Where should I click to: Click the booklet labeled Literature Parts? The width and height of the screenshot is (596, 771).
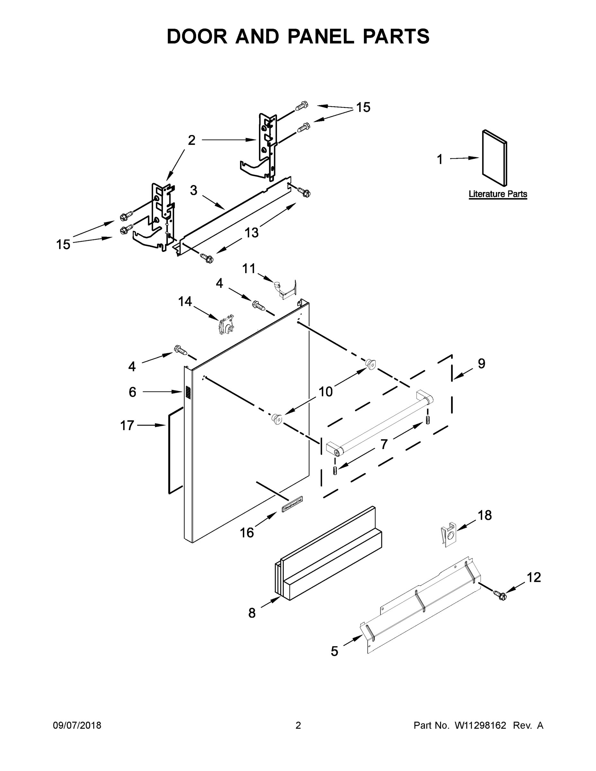coord(495,158)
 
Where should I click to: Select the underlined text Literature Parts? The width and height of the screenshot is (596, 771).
coord(497,194)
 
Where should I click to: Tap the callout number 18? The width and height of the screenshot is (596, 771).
coord(485,515)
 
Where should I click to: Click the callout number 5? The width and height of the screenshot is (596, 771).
coord(334,651)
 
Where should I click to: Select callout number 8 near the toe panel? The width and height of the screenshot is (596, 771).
coord(252,613)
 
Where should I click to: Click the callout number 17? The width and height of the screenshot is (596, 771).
coord(127,425)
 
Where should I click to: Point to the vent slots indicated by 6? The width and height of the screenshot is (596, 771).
coord(188,393)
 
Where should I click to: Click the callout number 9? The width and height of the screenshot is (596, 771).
coord(482,364)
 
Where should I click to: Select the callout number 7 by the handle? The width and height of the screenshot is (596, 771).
coord(384,444)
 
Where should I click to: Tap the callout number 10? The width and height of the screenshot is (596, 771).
coord(325,392)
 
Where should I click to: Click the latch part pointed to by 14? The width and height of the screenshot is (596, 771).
coord(226,325)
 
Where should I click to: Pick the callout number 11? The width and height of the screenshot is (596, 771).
coord(249,269)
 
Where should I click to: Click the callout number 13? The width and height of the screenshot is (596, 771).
coord(251,233)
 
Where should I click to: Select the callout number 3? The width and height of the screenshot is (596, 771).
coord(193,190)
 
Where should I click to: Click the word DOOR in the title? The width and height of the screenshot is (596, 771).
coord(197,36)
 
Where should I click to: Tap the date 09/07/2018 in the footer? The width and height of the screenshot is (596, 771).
coord(77,725)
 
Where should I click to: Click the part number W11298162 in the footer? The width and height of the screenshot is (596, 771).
coord(480,725)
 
